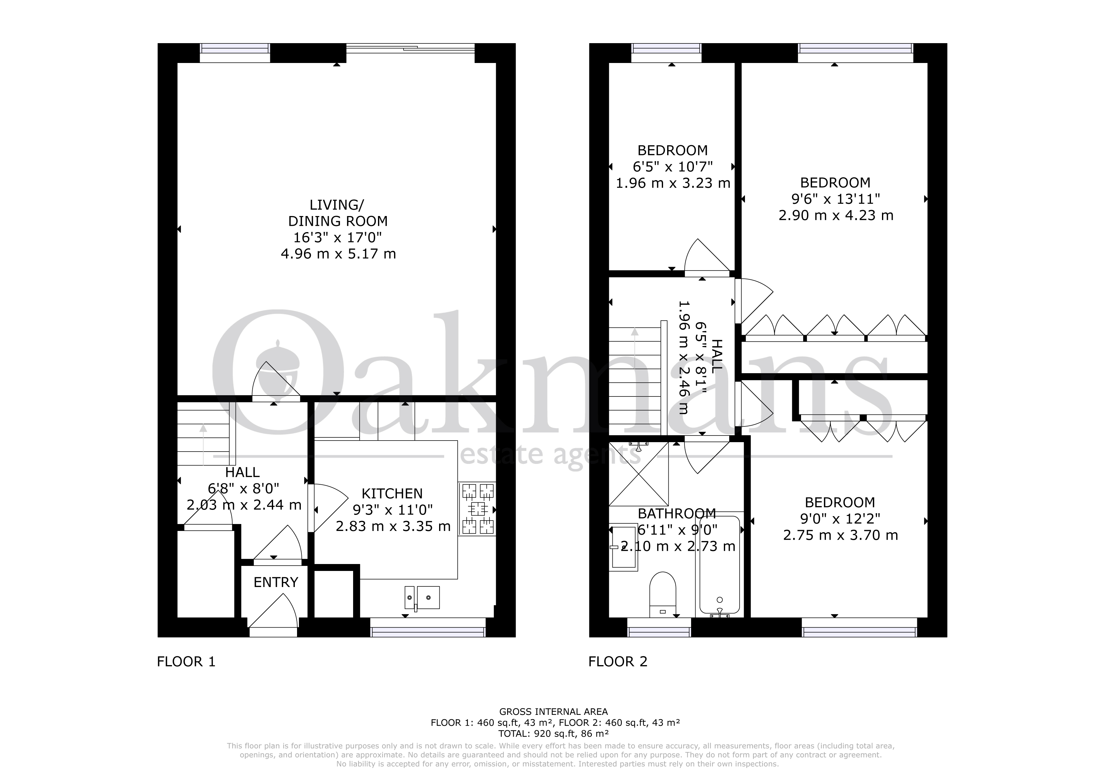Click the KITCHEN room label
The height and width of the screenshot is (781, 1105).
pyautogui.click(x=392, y=494)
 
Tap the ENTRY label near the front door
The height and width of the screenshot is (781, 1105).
pyautogui.click(x=276, y=582)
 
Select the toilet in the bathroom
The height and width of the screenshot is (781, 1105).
pyautogui.click(x=663, y=594)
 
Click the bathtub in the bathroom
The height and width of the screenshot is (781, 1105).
pyautogui.click(x=719, y=565)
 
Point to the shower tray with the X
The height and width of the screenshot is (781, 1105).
pyautogui.click(x=638, y=474)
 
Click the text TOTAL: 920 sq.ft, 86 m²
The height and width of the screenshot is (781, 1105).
pyautogui.click(x=553, y=734)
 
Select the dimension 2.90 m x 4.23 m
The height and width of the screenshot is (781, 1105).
pyautogui.click(x=836, y=215)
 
